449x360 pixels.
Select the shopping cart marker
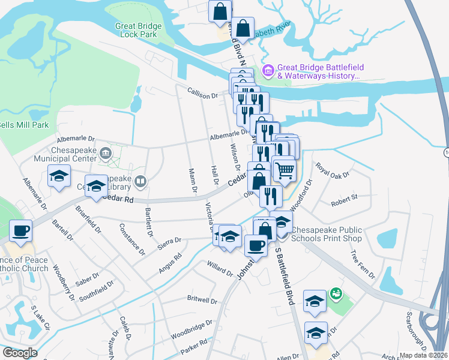[x=284, y=169]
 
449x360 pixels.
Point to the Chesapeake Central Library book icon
[x=140, y=180]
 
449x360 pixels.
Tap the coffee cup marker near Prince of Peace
[x=21, y=230]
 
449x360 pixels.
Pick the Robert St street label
[x=345, y=196]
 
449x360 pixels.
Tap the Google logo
[x=20, y=353]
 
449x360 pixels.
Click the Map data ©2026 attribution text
[x=424, y=355]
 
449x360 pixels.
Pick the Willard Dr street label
[x=219, y=268]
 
